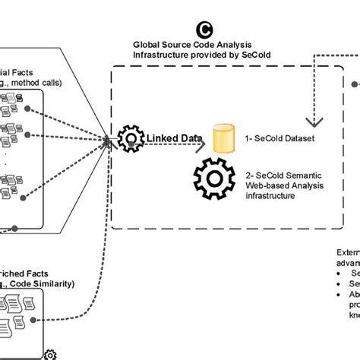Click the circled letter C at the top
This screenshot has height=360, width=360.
tap(204, 30)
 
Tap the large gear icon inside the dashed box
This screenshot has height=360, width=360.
tap(217, 179)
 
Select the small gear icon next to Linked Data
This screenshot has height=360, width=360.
tap(131, 139)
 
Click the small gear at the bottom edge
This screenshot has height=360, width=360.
tap(50, 354)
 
